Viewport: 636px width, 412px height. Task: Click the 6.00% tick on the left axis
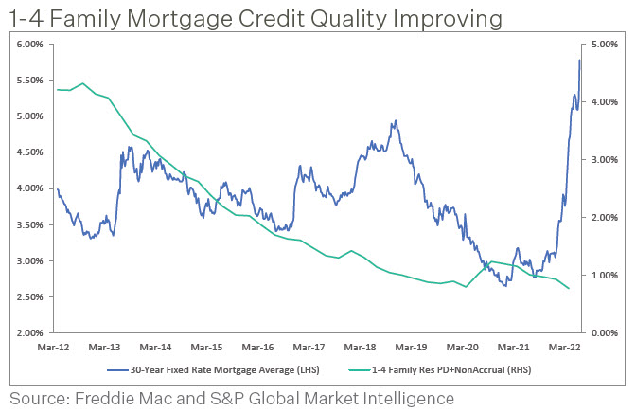tap(30, 45)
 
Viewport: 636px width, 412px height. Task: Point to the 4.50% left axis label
tap(30, 152)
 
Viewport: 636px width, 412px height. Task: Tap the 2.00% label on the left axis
tap(30, 333)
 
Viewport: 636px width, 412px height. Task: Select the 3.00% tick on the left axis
tap(30, 261)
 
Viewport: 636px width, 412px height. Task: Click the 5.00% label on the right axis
tap(603, 45)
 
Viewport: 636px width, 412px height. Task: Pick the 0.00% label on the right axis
tap(603, 333)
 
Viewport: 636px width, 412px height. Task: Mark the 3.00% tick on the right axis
tap(603, 160)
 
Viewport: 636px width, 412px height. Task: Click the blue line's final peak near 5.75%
tap(579, 61)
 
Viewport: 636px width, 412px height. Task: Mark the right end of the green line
tap(569, 289)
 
